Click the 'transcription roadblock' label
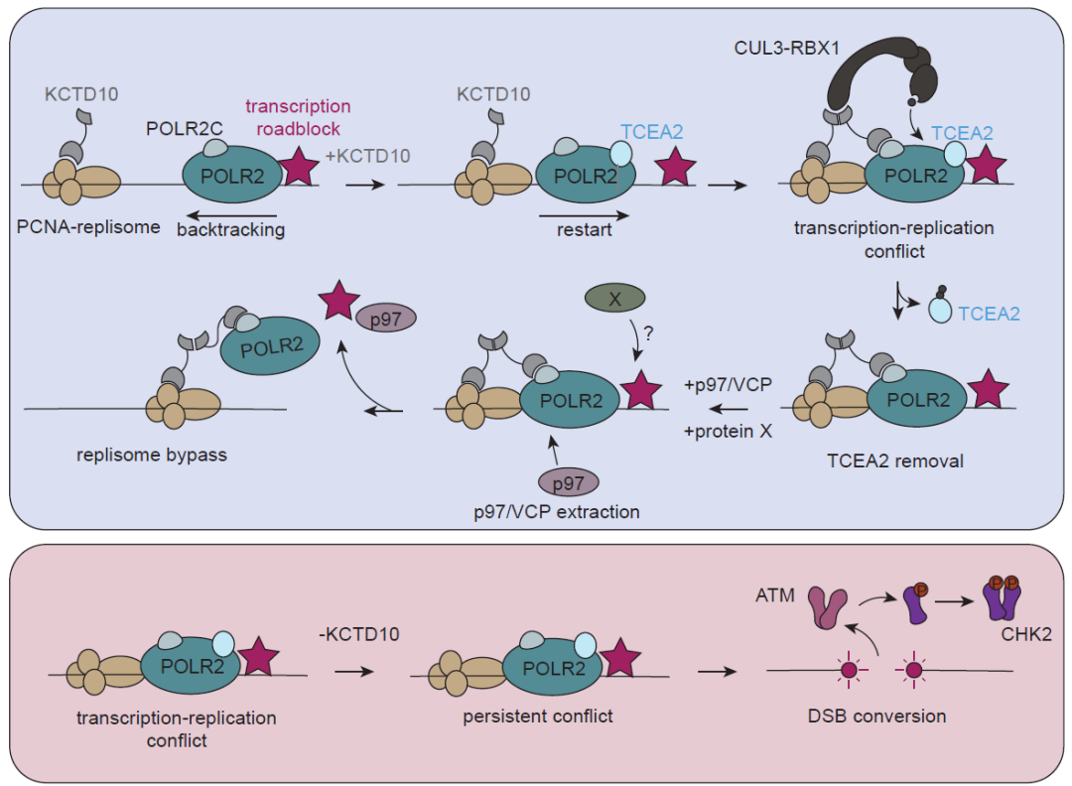coord(297,116)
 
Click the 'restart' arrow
coord(584,211)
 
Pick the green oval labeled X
coord(613,297)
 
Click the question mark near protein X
coord(648,334)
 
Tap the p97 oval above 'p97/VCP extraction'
coord(568,482)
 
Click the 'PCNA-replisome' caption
coord(88,227)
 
